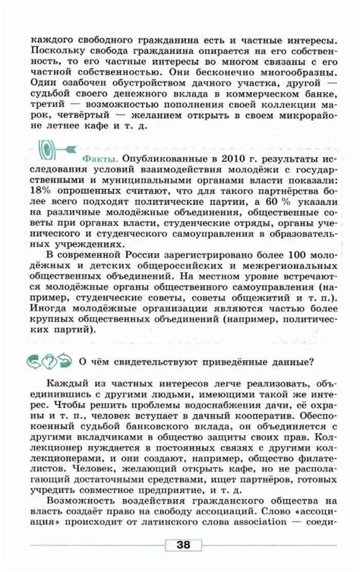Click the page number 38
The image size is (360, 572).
(183, 544)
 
